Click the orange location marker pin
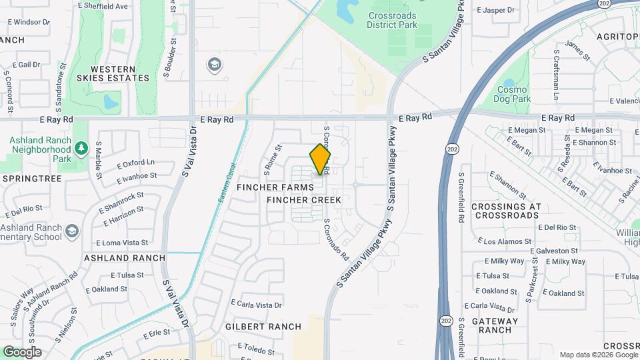click(320, 159)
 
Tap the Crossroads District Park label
click(391, 20)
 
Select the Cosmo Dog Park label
click(512, 94)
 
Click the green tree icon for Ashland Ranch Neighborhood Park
click(81, 147)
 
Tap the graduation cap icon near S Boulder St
click(215, 65)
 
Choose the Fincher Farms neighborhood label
click(275, 188)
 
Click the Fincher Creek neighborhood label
click(304, 200)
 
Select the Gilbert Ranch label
click(263, 327)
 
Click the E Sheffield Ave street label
click(103, 6)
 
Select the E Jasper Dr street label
click(497, 10)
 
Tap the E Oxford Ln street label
click(135, 163)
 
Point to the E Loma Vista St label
click(121, 243)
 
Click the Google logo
click(21, 352)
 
